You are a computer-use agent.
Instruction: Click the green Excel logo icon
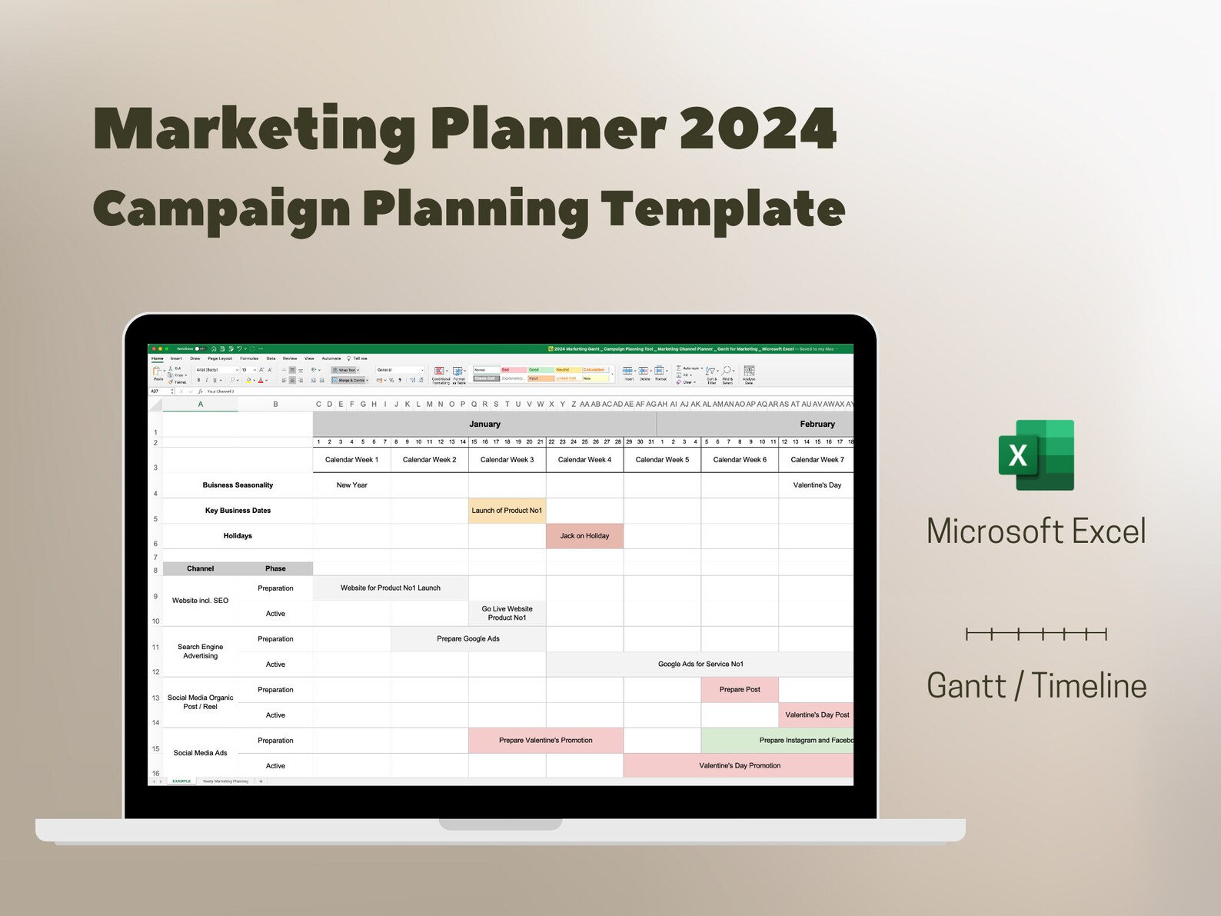[1036, 455]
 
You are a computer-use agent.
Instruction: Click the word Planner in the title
[547, 129]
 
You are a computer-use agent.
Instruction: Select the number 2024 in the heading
[757, 129]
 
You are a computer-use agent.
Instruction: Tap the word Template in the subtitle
[722, 209]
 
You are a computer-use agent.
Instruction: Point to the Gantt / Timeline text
[1036, 685]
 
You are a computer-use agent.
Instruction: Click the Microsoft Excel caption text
[1036, 531]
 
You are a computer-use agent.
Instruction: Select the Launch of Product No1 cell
[507, 511]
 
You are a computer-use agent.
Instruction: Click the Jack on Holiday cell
[584, 536]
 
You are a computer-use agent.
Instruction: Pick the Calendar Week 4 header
[584, 460]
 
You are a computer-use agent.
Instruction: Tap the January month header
[484, 424]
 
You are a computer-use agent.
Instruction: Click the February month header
[817, 424]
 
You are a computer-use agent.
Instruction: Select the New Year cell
[351, 485]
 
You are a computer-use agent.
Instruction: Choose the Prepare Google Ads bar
[468, 639]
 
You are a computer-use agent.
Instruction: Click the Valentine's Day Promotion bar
[739, 766]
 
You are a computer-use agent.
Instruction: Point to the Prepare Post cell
[739, 690]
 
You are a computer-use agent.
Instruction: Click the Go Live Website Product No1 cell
[507, 613]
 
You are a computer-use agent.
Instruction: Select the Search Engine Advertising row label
[200, 651]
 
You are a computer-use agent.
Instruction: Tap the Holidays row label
[238, 536]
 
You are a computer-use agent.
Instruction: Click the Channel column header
[200, 569]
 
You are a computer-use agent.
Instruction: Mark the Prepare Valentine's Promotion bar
[545, 741]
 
